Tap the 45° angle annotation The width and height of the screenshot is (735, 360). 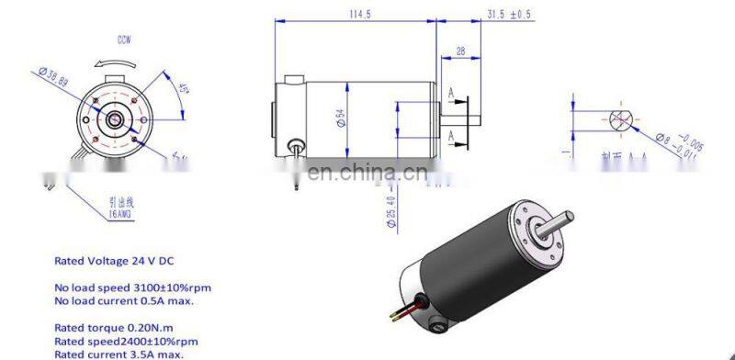coord(183,90)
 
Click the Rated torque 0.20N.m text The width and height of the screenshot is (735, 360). coord(108,327)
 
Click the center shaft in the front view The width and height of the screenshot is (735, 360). coord(114,119)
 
